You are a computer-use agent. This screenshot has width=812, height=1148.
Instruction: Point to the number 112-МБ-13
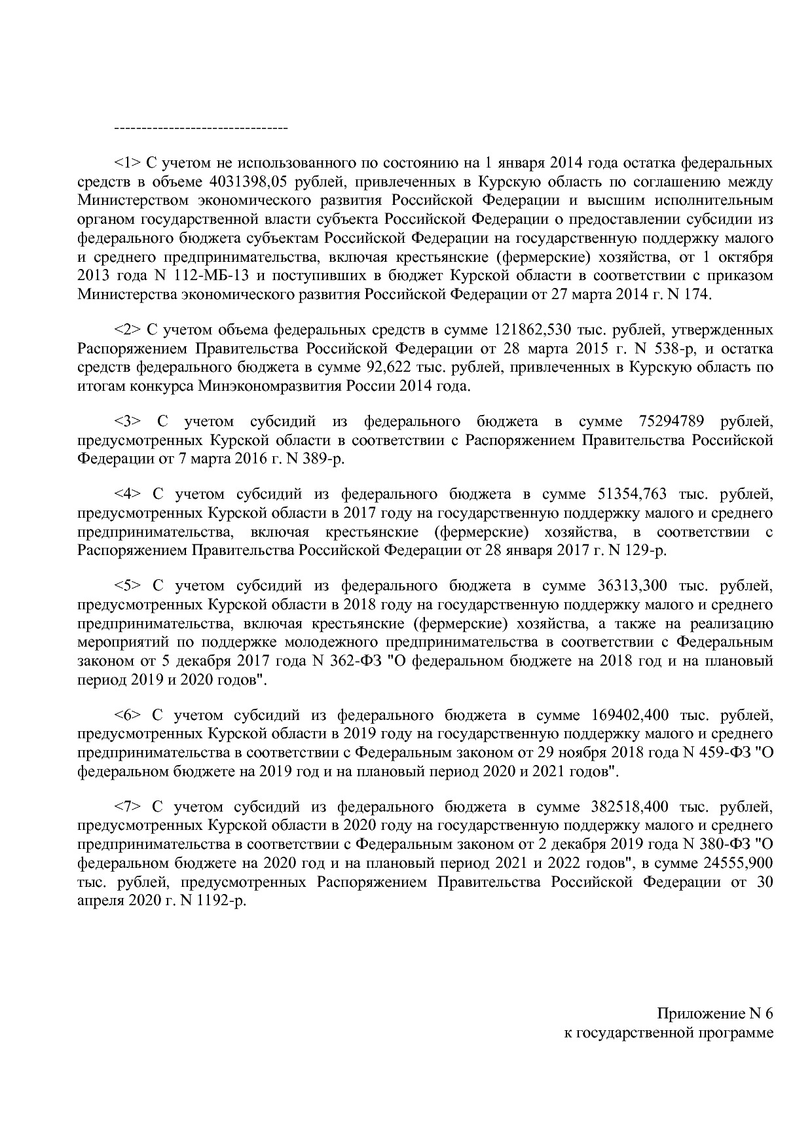click(x=200, y=276)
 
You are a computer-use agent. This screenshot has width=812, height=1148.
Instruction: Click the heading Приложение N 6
click(x=715, y=1014)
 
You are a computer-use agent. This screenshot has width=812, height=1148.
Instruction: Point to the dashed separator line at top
click(x=200, y=127)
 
